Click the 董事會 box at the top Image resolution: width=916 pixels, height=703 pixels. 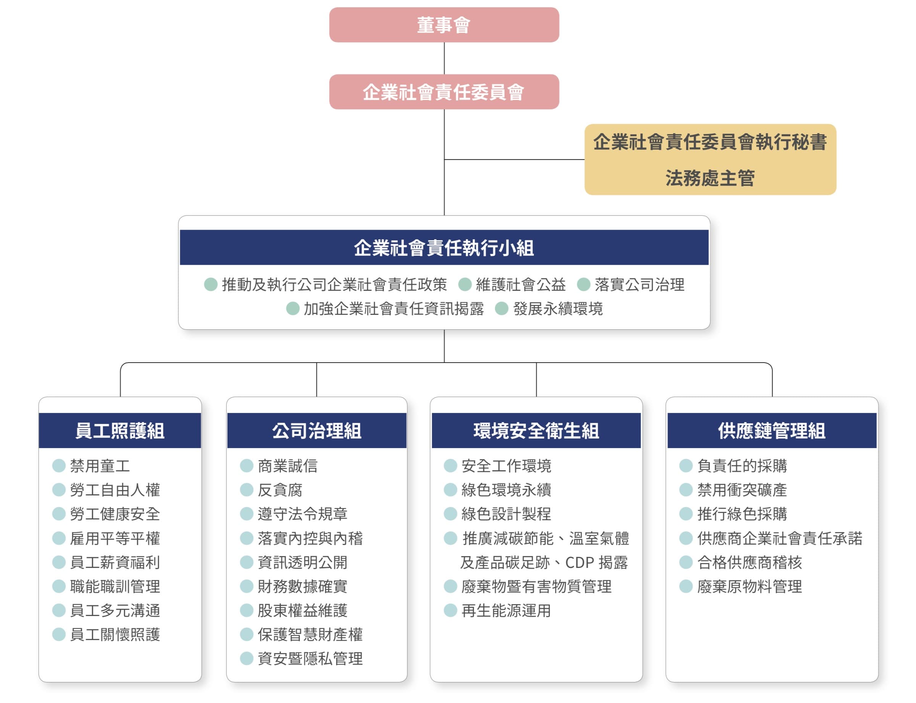tap(444, 25)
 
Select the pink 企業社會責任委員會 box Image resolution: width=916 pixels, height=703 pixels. tap(444, 92)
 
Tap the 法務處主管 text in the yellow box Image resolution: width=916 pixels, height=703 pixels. tap(710, 178)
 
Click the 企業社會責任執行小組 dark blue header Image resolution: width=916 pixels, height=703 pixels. tap(444, 247)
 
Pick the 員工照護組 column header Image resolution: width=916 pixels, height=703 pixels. tap(120, 431)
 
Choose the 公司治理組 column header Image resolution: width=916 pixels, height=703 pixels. tap(317, 431)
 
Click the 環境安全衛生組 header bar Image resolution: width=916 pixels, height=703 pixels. tap(536, 431)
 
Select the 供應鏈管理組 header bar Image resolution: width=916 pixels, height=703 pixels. tap(772, 431)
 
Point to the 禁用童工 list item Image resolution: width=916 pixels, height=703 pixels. tap(100, 466)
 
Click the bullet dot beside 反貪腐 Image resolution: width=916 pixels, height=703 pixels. tap(247, 490)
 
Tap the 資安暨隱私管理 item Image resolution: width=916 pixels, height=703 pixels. tap(310, 659)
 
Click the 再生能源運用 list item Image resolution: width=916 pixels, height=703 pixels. tap(506, 611)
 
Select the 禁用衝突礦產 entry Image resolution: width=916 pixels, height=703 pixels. tap(742, 490)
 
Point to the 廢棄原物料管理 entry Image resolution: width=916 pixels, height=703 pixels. tap(750, 586)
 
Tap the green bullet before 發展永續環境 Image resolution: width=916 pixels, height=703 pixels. tap(501, 309)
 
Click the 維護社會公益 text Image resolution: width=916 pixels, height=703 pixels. tap(521, 285)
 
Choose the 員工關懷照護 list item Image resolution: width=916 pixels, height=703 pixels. tap(115, 634)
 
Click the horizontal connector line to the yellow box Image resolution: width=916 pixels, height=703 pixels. tap(514, 160)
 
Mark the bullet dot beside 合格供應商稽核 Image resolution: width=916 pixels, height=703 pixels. tap(686, 562)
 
